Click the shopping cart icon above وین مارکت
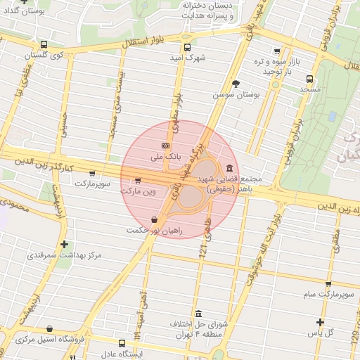[137, 180]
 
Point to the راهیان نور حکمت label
[155, 231]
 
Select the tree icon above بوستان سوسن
[236, 83]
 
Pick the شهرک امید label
[186, 58]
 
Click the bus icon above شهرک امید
[186, 48]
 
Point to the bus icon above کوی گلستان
[44, 44]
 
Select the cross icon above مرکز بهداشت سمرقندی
[65, 245]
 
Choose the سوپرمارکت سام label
[327, 294]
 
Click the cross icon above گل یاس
[321, 322]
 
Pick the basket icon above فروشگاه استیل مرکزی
[49, 328]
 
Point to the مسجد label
[309, 89]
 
